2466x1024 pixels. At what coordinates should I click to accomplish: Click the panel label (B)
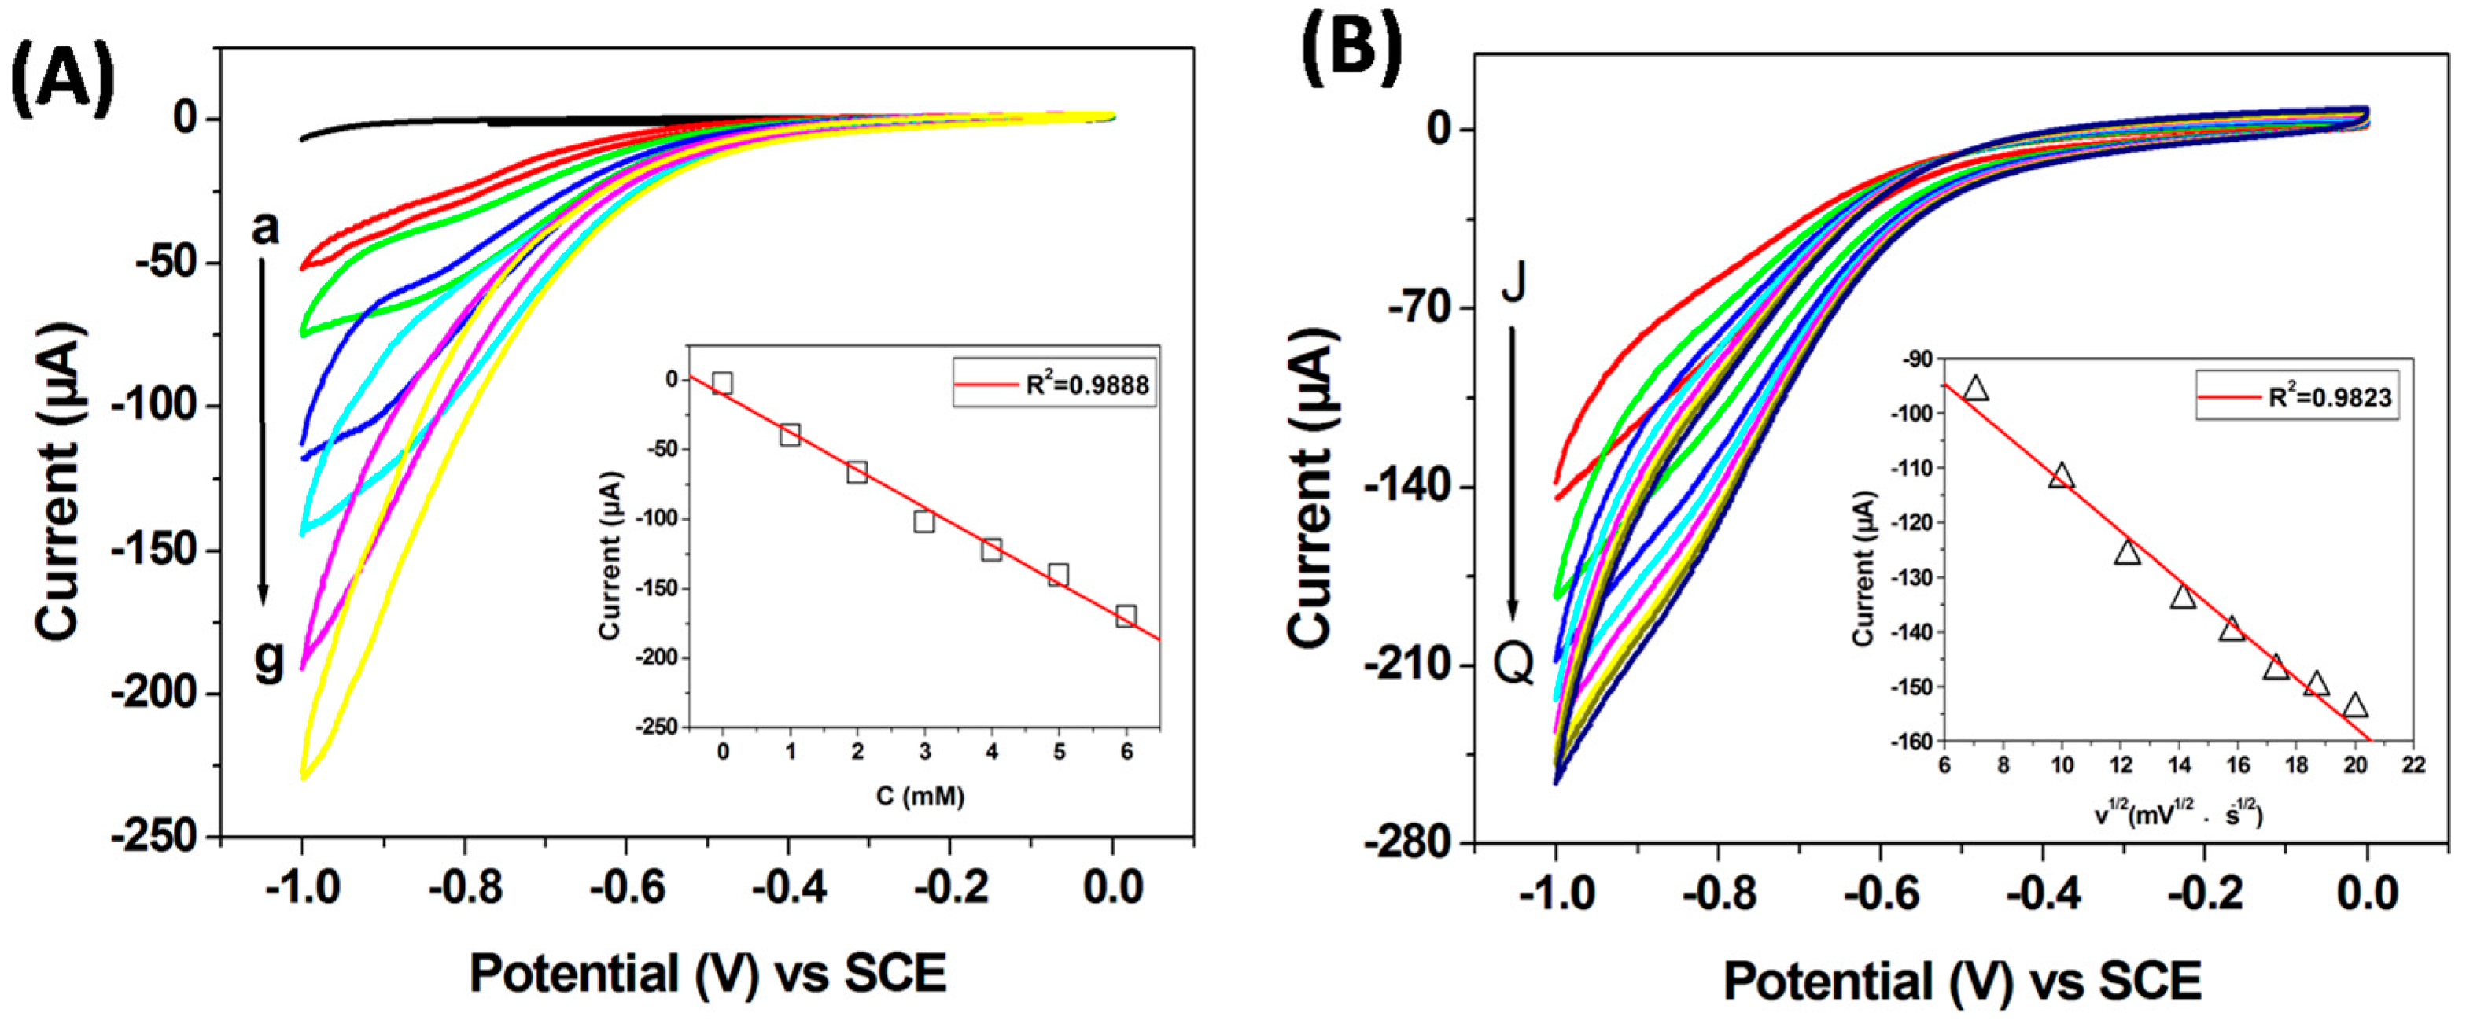[1351, 46]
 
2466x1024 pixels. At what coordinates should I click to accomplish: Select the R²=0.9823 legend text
[2330, 396]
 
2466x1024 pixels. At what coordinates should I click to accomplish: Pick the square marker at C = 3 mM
[923, 521]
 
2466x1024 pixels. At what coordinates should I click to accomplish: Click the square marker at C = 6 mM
[1126, 617]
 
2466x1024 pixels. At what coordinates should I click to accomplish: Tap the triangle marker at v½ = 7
[1975, 388]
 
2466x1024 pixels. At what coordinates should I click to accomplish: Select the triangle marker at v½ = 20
[2355, 705]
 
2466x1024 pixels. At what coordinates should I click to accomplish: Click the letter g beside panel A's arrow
[270, 661]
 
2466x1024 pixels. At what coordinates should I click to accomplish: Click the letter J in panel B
[1513, 282]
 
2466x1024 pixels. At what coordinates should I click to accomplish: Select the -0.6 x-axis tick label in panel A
[627, 888]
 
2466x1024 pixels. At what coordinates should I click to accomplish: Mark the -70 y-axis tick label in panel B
[1417, 309]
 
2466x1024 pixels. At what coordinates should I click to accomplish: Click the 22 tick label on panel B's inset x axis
[2414, 765]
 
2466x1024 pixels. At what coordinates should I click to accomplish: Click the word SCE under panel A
[895, 974]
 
